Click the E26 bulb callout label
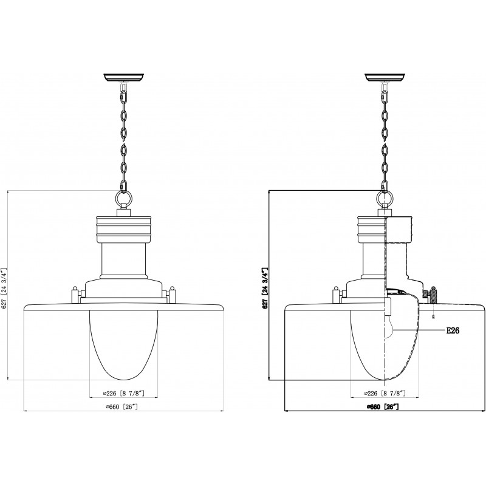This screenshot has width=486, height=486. [x=453, y=330]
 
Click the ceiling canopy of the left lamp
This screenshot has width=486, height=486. [x=124, y=77]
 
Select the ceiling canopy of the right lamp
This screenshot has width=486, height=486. [x=385, y=77]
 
